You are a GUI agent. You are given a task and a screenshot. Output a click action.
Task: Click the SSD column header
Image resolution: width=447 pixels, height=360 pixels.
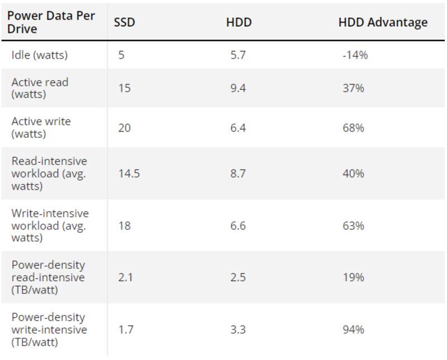pyautogui.click(x=124, y=22)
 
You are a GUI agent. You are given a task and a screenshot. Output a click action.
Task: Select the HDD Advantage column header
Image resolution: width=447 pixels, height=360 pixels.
pyautogui.click(x=383, y=22)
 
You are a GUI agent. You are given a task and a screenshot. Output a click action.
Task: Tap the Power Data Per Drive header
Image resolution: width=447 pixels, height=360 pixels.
pyautogui.click(x=51, y=22)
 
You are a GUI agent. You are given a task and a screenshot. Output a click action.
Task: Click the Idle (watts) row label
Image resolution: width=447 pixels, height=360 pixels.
pyautogui.click(x=39, y=55)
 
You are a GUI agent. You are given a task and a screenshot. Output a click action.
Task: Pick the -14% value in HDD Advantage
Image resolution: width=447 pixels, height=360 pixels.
pyautogui.click(x=355, y=55)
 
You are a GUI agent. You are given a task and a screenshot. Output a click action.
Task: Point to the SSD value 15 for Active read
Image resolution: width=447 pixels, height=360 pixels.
pyautogui.click(x=124, y=88)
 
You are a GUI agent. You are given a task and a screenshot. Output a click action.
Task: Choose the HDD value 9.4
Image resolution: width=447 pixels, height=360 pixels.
pyautogui.click(x=237, y=88)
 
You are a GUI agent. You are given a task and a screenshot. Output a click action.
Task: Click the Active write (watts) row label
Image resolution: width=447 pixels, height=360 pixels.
pyautogui.click(x=41, y=127)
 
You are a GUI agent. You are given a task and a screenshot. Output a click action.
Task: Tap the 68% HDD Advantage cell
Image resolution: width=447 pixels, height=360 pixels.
pyautogui.click(x=353, y=128)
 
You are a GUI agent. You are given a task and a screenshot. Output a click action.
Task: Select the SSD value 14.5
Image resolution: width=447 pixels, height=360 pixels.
pyautogui.click(x=129, y=173)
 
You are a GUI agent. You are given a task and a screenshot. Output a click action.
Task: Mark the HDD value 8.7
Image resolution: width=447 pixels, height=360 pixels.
pyautogui.click(x=237, y=173)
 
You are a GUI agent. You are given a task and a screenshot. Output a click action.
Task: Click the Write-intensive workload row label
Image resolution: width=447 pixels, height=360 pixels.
pyautogui.click(x=50, y=225)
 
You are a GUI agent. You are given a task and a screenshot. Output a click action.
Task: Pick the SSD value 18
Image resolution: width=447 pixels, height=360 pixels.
pyautogui.click(x=124, y=225)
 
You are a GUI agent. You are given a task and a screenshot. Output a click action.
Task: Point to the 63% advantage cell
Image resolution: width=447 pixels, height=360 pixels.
pyautogui.click(x=353, y=225)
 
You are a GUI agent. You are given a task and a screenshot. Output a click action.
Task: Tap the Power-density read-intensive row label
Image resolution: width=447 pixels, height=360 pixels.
pyautogui.click(x=48, y=277)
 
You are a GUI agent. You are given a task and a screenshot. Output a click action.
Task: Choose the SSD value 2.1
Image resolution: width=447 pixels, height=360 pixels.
pyautogui.click(x=125, y=277)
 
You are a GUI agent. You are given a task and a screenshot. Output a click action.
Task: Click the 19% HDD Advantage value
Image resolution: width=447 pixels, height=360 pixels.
pyautogui.click(x=353, y=277)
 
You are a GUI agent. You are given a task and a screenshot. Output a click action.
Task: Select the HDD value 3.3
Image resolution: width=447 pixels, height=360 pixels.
pyautogui.click(x=237, y=330)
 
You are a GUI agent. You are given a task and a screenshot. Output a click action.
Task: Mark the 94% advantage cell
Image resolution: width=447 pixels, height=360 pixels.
pyautogui.click(x=353, y=330)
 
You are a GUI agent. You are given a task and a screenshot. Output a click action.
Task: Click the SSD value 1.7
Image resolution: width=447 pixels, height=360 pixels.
pyautogui.click(x=125, y=330)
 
